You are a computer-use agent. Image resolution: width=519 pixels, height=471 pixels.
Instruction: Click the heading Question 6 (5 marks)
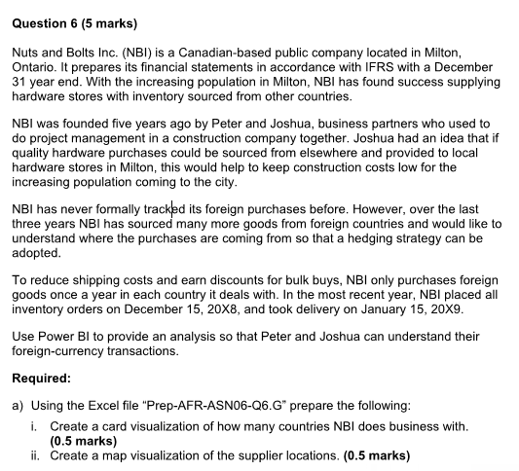(74, 21)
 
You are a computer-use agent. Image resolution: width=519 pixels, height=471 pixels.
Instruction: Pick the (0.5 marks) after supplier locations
(378, 454)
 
